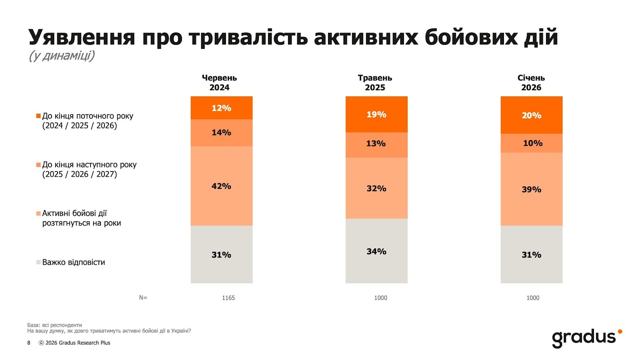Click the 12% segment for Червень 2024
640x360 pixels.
(221, 108)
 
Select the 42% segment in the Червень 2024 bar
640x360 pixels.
(221, 186)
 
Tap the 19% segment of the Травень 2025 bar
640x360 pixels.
(376, 114)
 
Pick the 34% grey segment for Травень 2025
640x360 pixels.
(376, 251)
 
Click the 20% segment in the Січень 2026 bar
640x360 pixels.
(531, 115)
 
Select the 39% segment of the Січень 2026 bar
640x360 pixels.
(531, 189)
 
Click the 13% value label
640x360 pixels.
(376, 144)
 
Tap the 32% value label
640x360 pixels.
(376, 188)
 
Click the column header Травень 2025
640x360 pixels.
(375, 83)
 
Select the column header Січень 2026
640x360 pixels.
(531, 83)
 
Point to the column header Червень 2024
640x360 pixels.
(219, 83)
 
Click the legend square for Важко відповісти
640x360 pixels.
(38, 262)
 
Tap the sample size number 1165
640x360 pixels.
(228, 298)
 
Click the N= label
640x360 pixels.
(143, 298)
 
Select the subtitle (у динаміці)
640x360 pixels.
(62, 56)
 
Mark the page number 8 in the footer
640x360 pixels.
(29, 343)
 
